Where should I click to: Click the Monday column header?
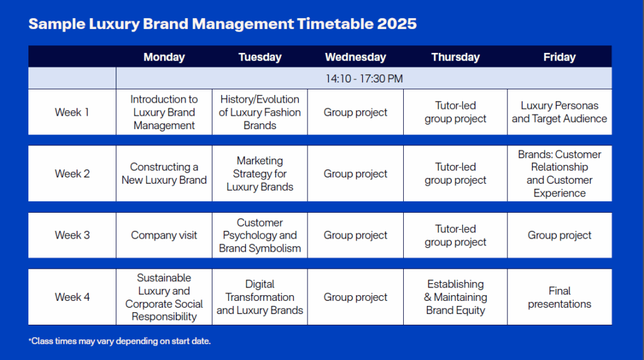[x=164, y=57]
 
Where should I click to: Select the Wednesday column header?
[x=355, y=57]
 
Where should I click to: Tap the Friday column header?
[x=559, y=57]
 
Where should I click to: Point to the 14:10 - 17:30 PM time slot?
[x=364, y=79]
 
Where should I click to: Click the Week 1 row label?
[x=72, y=112]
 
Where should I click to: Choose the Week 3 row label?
[x=72, y=235]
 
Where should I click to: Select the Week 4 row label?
[x=72, y=297]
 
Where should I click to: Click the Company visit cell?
[x=164, y=235]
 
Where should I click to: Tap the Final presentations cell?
[x=559, y=297]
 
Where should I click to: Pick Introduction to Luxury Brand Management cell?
[x=164, y=112]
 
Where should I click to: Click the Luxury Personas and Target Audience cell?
[x=559, y=112]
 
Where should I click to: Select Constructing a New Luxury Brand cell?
[x=164, y=174]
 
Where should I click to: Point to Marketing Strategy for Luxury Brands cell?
[x=260, y=174]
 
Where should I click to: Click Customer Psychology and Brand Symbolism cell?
[x=260, y=235]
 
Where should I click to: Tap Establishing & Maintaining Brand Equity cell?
[x=455, y=297]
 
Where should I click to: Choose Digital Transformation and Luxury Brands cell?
[x=260, y=297]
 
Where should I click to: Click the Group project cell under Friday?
[x=559, y=235]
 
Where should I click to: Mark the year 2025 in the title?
[x=397, y=24]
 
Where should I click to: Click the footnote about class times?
[x=119, y=341]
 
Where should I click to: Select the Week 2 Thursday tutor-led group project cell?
[x=455, y=174]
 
